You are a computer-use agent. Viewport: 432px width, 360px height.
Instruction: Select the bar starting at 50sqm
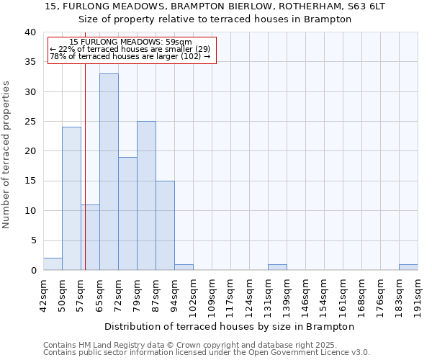(71, 198)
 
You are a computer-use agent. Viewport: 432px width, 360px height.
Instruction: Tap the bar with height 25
(146, 195)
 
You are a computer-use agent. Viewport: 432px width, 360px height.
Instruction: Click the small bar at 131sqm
(277, 267)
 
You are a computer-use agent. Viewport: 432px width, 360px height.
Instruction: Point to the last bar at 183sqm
(408, 267)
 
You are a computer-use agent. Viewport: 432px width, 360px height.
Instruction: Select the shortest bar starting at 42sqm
(53, 264)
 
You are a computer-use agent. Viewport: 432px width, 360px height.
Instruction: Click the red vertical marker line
(85, 180)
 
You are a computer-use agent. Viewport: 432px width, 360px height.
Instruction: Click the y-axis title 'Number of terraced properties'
(7, 154)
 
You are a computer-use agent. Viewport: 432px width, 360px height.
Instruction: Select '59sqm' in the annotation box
(179, 42)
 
